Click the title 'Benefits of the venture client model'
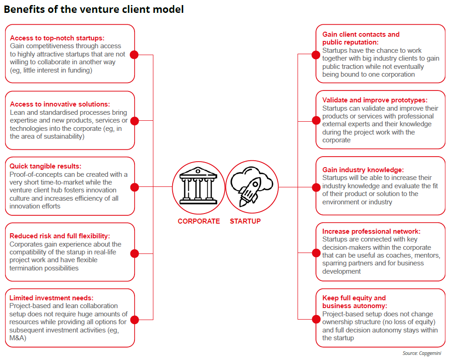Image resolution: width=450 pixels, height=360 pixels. (94, 9)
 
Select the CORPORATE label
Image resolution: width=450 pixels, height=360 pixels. (199, 221)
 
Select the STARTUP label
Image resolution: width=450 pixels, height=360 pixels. (245, 221)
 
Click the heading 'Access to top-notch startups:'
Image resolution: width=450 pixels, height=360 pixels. (57, 38)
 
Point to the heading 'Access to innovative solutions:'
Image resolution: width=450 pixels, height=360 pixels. (60, 104)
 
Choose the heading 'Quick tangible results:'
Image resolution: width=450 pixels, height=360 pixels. (45, 166)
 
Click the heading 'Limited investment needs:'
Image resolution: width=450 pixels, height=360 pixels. (51, 298)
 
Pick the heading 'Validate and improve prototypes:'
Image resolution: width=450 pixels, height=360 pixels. (375, 100)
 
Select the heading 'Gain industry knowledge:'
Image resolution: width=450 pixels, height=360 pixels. (363, 169)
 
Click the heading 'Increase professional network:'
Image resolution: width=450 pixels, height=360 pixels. (371, 231)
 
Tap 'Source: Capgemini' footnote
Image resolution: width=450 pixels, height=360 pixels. (423, 353)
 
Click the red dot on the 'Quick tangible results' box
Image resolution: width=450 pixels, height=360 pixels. (135, 187)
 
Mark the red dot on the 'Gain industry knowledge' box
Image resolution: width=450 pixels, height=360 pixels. (316, 187)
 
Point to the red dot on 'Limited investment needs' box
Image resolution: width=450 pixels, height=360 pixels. (135, 319)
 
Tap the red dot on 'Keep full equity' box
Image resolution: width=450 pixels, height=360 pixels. (316, 319)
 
